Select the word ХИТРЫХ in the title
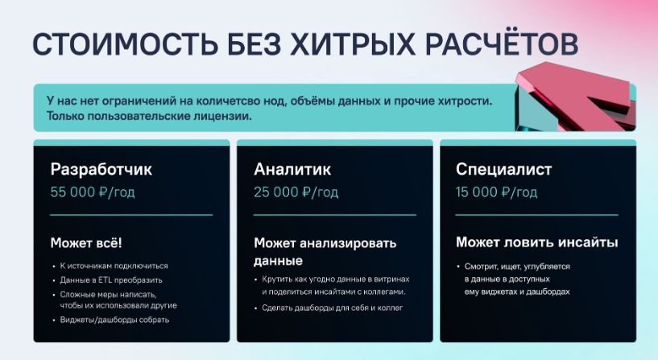tap(353, 43)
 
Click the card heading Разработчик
tap(101, 169)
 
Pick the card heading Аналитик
tap(292, 169)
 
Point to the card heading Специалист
tap(503, 169)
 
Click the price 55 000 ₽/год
tap(93, 192)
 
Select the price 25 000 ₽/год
tap(296, 192)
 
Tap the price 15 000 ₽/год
tap(496, 192)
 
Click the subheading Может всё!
tap(86, 243)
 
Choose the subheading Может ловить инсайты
tap(536, 242)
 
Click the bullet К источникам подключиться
tap(114, 266)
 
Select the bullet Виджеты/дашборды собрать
tap(114, 320)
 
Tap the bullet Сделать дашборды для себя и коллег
tap(333, 308)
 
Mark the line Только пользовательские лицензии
tap(149, 116)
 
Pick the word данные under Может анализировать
tap(278, 261)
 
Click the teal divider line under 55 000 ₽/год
tap(131, 215)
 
